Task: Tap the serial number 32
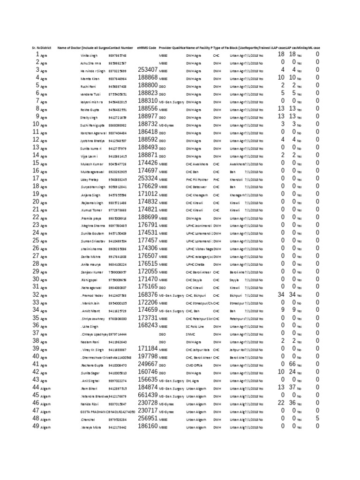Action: click(36, 294)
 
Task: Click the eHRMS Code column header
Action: click(147, 48)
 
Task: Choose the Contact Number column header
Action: click(120, 48)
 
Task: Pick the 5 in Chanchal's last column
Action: click(317, 418)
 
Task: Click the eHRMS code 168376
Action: click(148, 294)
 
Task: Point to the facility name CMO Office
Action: click(195, 365)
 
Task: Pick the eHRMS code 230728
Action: click(148, 403)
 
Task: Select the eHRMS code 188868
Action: click(148, 78)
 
